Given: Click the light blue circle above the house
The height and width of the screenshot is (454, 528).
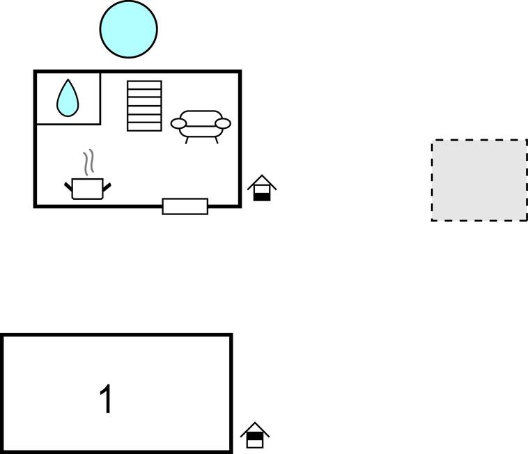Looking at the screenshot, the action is (x=129, y=29).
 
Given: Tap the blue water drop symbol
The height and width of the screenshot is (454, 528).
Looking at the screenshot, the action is (x=68, y=98).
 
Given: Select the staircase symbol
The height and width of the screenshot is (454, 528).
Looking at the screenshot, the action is (x=144, y=106).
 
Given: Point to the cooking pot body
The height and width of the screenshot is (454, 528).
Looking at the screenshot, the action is (x=88, y=189).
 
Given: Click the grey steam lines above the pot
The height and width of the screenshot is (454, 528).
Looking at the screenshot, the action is (x=88, y=162).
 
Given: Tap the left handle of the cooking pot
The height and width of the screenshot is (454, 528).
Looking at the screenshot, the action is (x=68, y=187).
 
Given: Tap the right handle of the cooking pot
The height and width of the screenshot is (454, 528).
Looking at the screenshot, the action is (x=107, y=187).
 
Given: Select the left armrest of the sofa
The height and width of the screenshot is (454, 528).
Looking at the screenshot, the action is (x=178, y=123).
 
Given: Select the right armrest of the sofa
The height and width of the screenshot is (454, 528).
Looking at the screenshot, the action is (x=223, y=123).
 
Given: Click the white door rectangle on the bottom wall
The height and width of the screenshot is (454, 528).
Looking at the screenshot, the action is (x=185, y=206).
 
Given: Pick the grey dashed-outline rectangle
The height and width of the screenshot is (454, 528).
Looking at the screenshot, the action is (x=479, y=180).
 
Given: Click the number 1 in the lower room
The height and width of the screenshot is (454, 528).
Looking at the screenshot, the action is (x=106, y=399).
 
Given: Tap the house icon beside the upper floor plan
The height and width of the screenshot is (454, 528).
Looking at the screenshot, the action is (x=262, y=188).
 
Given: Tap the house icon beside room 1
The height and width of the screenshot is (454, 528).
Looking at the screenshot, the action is (x=255, y=435).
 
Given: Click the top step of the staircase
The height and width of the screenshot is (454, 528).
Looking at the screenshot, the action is (x=144, y=85).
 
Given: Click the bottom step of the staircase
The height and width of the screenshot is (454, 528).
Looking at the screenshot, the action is (x=144, y=127).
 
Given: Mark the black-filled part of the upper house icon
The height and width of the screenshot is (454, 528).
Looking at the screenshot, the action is (x=262, y=197).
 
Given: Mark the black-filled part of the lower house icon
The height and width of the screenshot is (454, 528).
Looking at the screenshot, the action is (x=255, y=436).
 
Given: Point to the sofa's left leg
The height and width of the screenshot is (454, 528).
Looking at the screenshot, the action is (x=187, y=141).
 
